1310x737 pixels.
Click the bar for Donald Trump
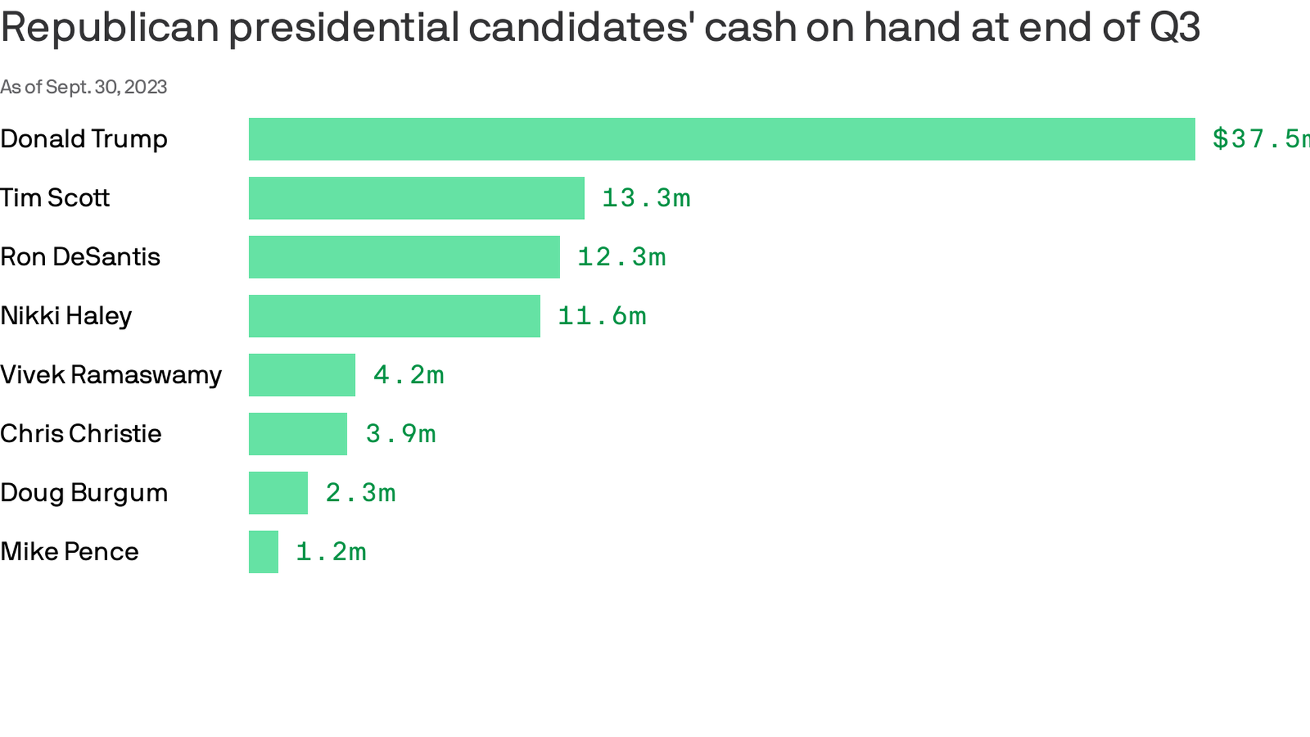(x=722, y=139)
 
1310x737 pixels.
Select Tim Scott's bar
(x=416, y=198)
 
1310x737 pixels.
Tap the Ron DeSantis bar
(x=404, y=257)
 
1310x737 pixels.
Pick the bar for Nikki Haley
(x=394, y=316)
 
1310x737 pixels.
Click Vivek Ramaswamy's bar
(x=302, y=375)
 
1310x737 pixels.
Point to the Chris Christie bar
(x=297, y=434)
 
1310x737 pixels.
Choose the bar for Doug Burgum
(x=278, y=493)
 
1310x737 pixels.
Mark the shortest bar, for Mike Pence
(x=263, y=552)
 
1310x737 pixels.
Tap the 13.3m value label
(x=646, y=198)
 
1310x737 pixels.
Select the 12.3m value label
(x=622, y=257)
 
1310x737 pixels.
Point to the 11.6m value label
(x=602, y=316)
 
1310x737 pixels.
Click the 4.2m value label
(x=409, y=375)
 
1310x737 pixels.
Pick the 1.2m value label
(x=331, y=552)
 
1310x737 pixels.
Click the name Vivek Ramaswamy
(x=111, y=375)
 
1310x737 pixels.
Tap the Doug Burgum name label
(x=84, y=493)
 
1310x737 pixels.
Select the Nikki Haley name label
(x=66, y=316)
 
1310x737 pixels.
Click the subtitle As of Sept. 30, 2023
(x=83, y=87)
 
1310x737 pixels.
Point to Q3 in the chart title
(x=1174, y=27)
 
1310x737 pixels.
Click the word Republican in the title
(x=110, y=27)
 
